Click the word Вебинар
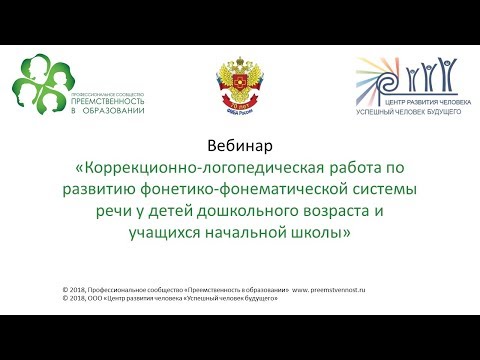pyautogui.click(x=239, y=145)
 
